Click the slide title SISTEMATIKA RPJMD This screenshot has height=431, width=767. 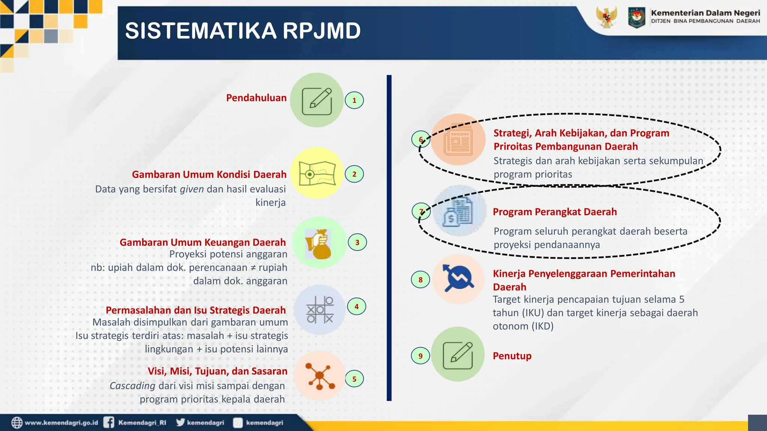(243, 31)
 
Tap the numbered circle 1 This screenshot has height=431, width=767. (354, 100)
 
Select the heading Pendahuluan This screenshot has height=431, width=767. (256, 98)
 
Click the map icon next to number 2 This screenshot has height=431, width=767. (317, 173)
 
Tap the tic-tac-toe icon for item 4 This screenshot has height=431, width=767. (319, 310)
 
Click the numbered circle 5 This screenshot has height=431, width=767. (354, 379)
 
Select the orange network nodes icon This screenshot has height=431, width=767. (319, 376)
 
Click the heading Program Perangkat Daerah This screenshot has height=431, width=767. (555, 212)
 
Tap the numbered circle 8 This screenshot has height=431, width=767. (421, 279)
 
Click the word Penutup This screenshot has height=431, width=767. (512, 356)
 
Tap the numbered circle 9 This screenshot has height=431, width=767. (421, 356)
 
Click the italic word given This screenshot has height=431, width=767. (192, 189)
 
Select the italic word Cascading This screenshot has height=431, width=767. (132, 386)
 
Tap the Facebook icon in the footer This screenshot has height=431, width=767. (109, 422)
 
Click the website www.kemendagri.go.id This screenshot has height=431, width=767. (61, 423)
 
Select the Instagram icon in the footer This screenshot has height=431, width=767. (238, 423)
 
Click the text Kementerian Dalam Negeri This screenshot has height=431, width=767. (705, 13)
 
